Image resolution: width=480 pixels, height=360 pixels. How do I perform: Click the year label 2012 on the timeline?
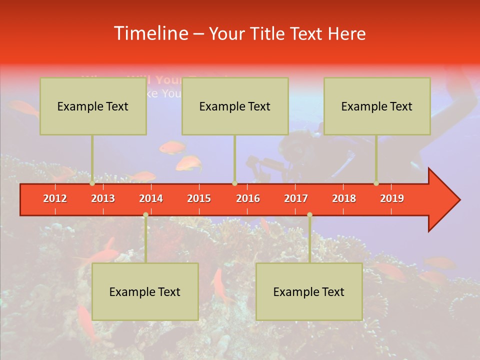pyautogui.click(x=55, y=198)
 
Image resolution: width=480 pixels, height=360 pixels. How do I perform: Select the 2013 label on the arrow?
pyautogui.click(x=103, y=198)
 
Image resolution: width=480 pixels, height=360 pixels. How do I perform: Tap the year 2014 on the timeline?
pyautogui.click(x=151, y=198)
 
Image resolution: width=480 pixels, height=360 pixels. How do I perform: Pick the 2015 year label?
pyautogui.click(x=199, y=198)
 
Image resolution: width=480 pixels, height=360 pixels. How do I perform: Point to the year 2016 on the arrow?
pyautogui.click(x=248, y=198)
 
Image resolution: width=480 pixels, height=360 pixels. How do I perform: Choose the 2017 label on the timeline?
pyautogui.click(x=296, y=198)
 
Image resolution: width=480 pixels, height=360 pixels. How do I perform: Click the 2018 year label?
pyautogui.click(x=344, y=198)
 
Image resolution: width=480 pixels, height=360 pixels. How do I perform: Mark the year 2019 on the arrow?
pyautogui.click(x=392, y=198)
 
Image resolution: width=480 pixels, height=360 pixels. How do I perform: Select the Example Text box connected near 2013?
pyautogui.click(x=93, y=106)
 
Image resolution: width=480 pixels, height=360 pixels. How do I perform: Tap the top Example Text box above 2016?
pyautogui.click(x=235, y=106)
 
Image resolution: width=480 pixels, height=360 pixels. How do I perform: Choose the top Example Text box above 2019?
pyautogui.click(x=377, y=106)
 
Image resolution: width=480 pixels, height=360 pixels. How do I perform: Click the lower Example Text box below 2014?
pyautogui.click(x=145, y=291)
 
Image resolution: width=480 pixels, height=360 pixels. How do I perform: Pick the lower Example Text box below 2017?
pyautogui.click(x=309, y=291)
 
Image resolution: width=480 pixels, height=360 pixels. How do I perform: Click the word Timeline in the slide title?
pyautogui.click(x=150, y=33)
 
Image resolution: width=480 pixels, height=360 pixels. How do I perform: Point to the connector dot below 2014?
pyautogui.click(x=145, y=214)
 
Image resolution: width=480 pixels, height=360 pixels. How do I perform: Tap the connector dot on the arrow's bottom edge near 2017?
pyautogui.click(x=309, y=214)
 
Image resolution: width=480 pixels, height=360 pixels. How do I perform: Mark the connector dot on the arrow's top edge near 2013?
pyautogui.click(x=92, y=183)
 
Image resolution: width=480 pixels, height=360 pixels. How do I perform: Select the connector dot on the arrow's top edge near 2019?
pyautogui.click(x=376, y=183)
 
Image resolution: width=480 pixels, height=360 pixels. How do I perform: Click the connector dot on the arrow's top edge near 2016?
pyautogui.click(x=234, y=183)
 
